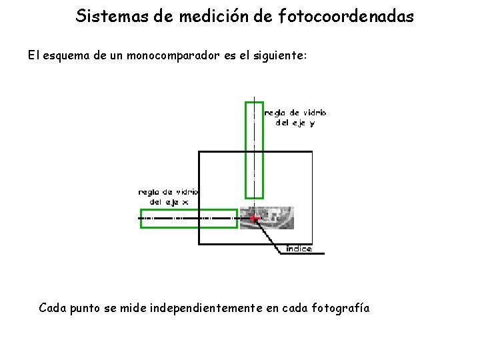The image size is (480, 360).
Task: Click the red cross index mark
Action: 254,218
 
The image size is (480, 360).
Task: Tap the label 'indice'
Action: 299,249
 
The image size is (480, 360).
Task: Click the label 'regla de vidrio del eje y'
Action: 295,117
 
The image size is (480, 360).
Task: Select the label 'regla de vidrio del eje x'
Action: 168,197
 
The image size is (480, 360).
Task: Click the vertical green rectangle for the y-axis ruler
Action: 254,149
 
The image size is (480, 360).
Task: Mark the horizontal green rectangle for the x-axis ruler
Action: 189,219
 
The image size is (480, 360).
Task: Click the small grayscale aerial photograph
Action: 273,218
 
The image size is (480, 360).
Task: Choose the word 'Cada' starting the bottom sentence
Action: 52,308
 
